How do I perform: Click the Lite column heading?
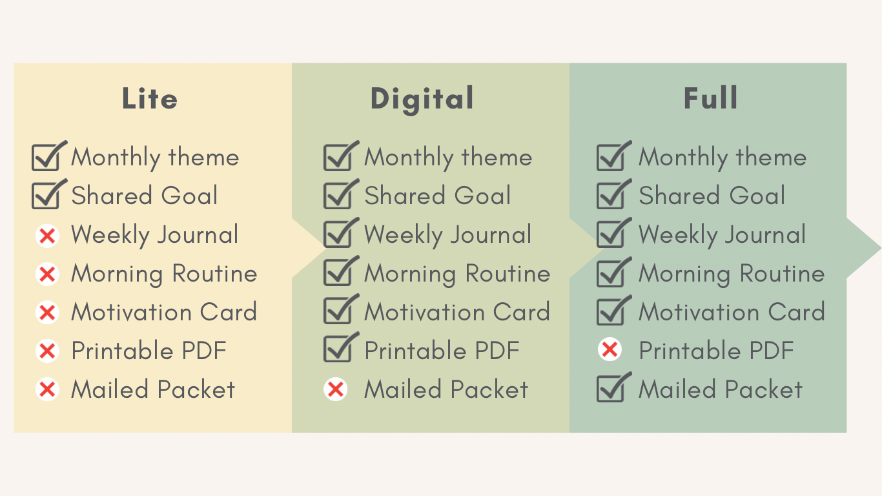pos(150,98)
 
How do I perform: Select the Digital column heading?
pos(422,100)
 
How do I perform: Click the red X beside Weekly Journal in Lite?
pos(47,236)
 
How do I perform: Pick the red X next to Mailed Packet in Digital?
pos(336,389)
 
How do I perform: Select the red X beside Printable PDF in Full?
pos(610,349)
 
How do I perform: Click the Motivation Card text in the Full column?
pos(732,312)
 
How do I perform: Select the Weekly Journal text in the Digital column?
pos(447,236)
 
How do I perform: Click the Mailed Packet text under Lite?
pos(153,389)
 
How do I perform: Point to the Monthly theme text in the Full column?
pos(723,158)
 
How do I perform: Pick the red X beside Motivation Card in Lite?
pos(47,313)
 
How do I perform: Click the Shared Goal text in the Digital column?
pos(438,196)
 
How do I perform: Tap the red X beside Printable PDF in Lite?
pos(47,351)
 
